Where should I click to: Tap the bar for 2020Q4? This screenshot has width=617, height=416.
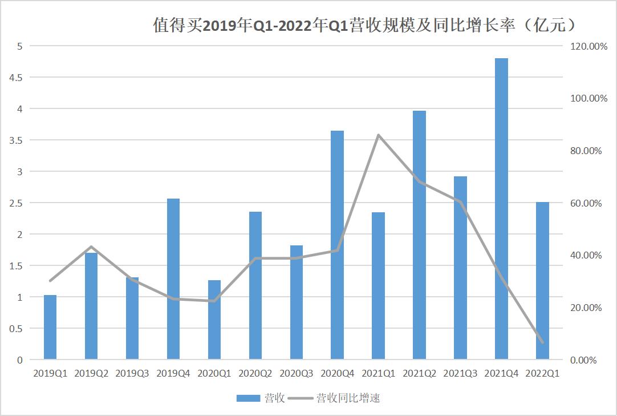click(x=337, y=245)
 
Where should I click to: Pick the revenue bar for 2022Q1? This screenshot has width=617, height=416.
click(x=542, y=280)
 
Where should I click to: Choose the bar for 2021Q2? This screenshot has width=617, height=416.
click(x=419, y=235)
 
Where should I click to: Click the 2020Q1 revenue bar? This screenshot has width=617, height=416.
click(x=214, y=320)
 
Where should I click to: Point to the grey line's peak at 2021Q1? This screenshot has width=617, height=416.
click(x=378, y=135)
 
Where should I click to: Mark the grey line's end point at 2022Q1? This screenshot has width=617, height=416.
click(x=542, y=342)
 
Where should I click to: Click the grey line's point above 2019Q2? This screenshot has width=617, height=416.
click(x=91, y=247)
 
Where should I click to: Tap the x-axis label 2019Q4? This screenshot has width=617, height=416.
click(x=173, y=374)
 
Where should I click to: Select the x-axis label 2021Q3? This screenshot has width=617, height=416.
click(x=460, y=374)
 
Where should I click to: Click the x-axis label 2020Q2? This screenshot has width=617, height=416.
click(x=255, y=374)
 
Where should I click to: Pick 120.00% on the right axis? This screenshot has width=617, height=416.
click(x=589, y=46)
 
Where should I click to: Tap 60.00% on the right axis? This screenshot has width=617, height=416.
click(x=586, y=203)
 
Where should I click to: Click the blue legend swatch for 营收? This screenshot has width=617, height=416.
click(x=248, y=398)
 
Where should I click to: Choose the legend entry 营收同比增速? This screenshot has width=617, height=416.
click(x=348, y=398)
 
